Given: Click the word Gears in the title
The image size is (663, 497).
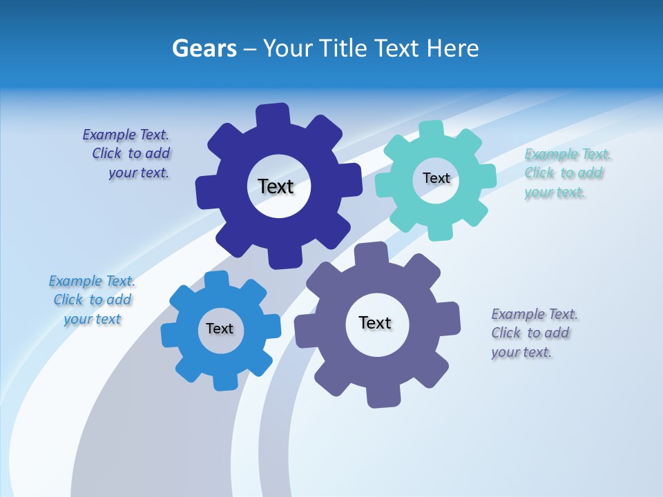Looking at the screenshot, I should (204, 48).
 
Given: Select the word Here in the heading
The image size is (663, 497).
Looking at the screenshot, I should (452, 48).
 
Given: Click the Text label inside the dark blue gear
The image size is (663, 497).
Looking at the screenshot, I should (276, 186).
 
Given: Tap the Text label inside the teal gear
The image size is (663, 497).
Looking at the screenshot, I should (436, 178).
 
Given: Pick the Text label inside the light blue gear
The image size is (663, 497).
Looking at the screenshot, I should (220, 329).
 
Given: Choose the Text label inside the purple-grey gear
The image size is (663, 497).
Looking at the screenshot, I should (375, 322).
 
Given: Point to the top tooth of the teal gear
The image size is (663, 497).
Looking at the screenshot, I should (432, 130).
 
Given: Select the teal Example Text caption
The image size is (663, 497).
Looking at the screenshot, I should (567, 173).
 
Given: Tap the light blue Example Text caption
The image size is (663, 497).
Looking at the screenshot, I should (92, 300).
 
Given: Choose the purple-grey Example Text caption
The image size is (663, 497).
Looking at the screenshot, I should (534, 333).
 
